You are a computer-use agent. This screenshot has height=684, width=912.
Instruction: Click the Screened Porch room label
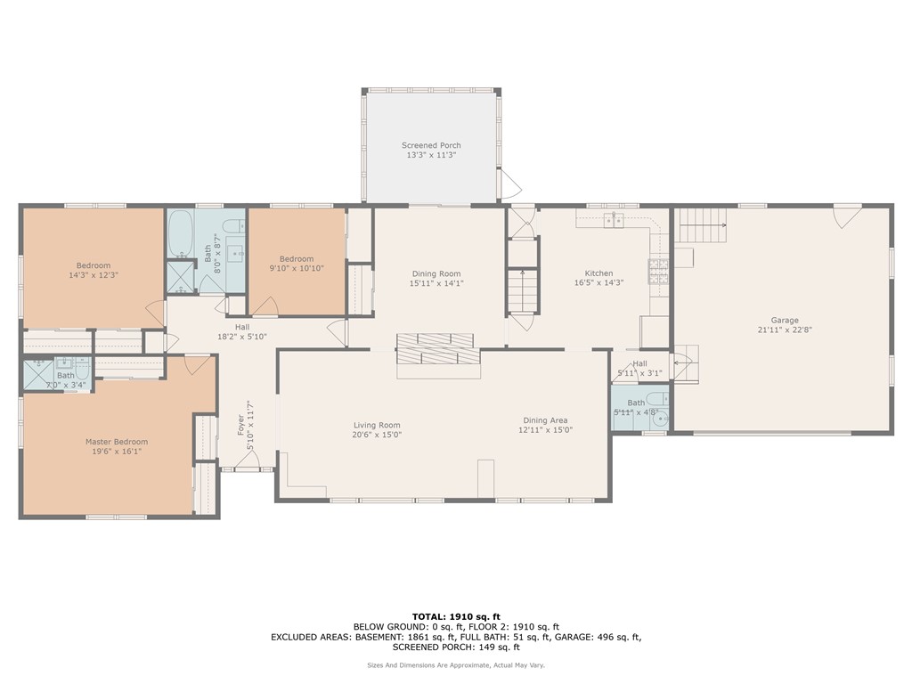tap(431, 145)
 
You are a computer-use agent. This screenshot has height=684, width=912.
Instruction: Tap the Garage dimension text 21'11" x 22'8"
tap(785, 330)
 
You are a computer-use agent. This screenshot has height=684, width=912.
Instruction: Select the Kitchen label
tap(598, 273)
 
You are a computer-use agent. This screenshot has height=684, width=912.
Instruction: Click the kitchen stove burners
tap(658, 271)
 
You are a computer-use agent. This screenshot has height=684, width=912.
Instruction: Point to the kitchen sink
tap(614, 220)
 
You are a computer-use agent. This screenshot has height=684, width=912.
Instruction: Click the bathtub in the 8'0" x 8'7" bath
tap(180, 234)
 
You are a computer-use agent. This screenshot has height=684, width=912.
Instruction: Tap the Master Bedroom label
tap(117, 442)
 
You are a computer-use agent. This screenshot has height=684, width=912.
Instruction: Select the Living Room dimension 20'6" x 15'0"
tap(377, 435)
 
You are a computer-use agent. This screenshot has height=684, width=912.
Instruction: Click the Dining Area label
tap(545, 420)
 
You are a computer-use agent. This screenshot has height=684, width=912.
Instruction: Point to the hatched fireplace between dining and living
tap(436, 349)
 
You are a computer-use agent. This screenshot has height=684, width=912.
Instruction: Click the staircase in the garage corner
tap(703, 226)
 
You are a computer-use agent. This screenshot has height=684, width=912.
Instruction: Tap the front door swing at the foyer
tap(248, 460)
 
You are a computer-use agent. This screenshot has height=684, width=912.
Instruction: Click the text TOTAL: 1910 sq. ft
tap(456, 616)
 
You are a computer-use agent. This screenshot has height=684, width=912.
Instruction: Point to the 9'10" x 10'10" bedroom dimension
tap(297, 269)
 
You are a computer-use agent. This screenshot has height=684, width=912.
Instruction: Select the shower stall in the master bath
tap(38, 375)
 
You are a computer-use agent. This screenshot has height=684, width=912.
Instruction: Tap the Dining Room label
tap(436, 274)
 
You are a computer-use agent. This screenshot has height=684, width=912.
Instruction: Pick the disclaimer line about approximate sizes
tap(456, 664)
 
